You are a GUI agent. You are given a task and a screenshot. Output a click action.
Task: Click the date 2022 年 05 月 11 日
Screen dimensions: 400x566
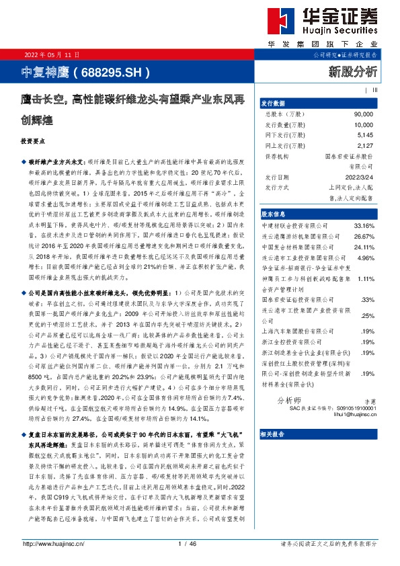pyautogui.click(x=51, y=55)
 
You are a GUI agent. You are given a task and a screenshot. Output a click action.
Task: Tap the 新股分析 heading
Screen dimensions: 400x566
pyautogui.click(x=353, y=71)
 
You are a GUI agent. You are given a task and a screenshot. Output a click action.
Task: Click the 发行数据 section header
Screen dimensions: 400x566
pyautogui.click(x=274, y=104)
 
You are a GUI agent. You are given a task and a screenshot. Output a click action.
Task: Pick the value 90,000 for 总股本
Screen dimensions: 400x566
pyautogui.click(x=362, y=115)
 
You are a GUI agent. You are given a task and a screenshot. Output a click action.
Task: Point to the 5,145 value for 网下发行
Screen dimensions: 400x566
pyautogui.click(x=364, y=134)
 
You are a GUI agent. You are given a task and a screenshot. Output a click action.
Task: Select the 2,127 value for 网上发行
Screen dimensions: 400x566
pyautogui.click(x=364, y=145)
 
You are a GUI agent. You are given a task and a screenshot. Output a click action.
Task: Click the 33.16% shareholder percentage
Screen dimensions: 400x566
pyautogui.click(x=364, y=225)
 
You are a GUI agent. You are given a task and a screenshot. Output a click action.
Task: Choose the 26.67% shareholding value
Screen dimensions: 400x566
pyautogui.click(x=364, y=237)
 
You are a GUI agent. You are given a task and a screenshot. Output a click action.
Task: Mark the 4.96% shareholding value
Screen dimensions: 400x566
pyautogui.click(x=365, y=257)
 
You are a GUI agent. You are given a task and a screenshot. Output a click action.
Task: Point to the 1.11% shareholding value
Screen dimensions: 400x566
pyautogui.click(x=365, y=278)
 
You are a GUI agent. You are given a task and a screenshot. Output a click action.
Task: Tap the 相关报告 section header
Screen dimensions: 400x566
pyautogui.click(x=274, y=453)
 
